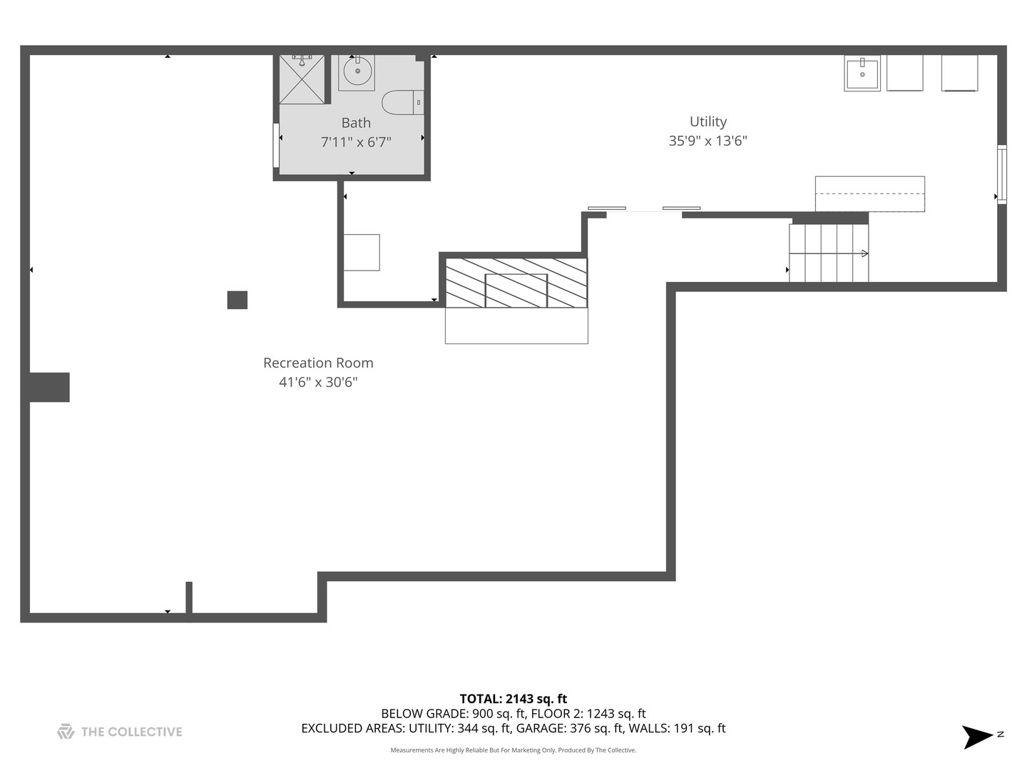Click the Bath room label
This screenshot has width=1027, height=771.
click(356, 123)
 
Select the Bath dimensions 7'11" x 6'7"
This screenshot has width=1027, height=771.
click(356, 142)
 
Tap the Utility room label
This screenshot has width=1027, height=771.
click(707, 121)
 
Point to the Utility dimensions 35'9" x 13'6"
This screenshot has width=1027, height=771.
click(707, 141)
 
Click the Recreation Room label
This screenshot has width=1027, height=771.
click(318, 363)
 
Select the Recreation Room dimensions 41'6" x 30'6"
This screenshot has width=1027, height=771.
click(318, 382)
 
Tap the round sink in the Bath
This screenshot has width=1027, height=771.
click(356, 71)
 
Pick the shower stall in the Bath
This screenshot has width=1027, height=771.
click(302, 79)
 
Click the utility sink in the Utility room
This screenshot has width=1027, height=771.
click(862, 74)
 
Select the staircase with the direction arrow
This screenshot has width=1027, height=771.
click(829, 253)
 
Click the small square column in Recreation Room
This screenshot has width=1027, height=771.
click(237, 300)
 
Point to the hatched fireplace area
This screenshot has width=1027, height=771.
click(516, 283)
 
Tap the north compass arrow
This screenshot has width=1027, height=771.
click(978, 737)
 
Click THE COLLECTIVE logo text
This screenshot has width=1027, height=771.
click(131, 732)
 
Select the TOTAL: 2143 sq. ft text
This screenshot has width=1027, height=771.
click(513, 699)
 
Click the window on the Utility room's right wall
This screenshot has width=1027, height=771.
click(1001, 174)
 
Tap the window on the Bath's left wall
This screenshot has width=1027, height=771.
click(276, 145)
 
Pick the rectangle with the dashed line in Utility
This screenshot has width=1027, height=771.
click(870, 193)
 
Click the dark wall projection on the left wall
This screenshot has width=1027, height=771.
click(49, 387)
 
